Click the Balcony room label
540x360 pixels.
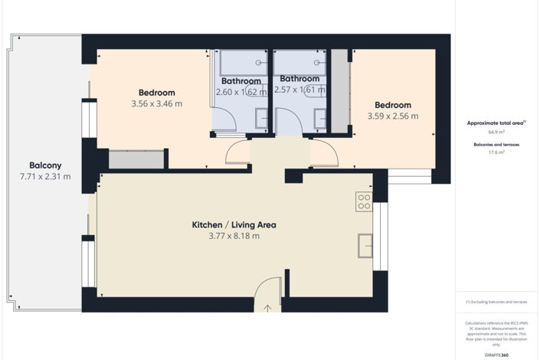click(x=45, y=165)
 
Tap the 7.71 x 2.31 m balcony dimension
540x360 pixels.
click(x=45, y=177)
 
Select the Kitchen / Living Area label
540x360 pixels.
click(x=234, y=225)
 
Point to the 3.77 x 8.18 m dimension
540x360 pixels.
click(x=234, y=237)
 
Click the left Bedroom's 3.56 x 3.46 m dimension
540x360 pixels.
click(x=157, y=103)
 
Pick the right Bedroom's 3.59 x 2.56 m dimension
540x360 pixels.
click(x=393, y=116)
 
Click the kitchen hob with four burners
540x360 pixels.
click(x=364, y=201)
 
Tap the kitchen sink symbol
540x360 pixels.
click(x=365, y=246)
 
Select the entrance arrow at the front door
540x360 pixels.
click(x=267, y=309)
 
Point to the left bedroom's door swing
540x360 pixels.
click(x=238, y=152)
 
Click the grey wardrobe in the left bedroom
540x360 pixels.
click(x=137, y=159)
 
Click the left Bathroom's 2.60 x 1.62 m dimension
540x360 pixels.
click(x=241, y=92)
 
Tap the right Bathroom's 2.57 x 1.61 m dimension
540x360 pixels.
click(x=299, y=90)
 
